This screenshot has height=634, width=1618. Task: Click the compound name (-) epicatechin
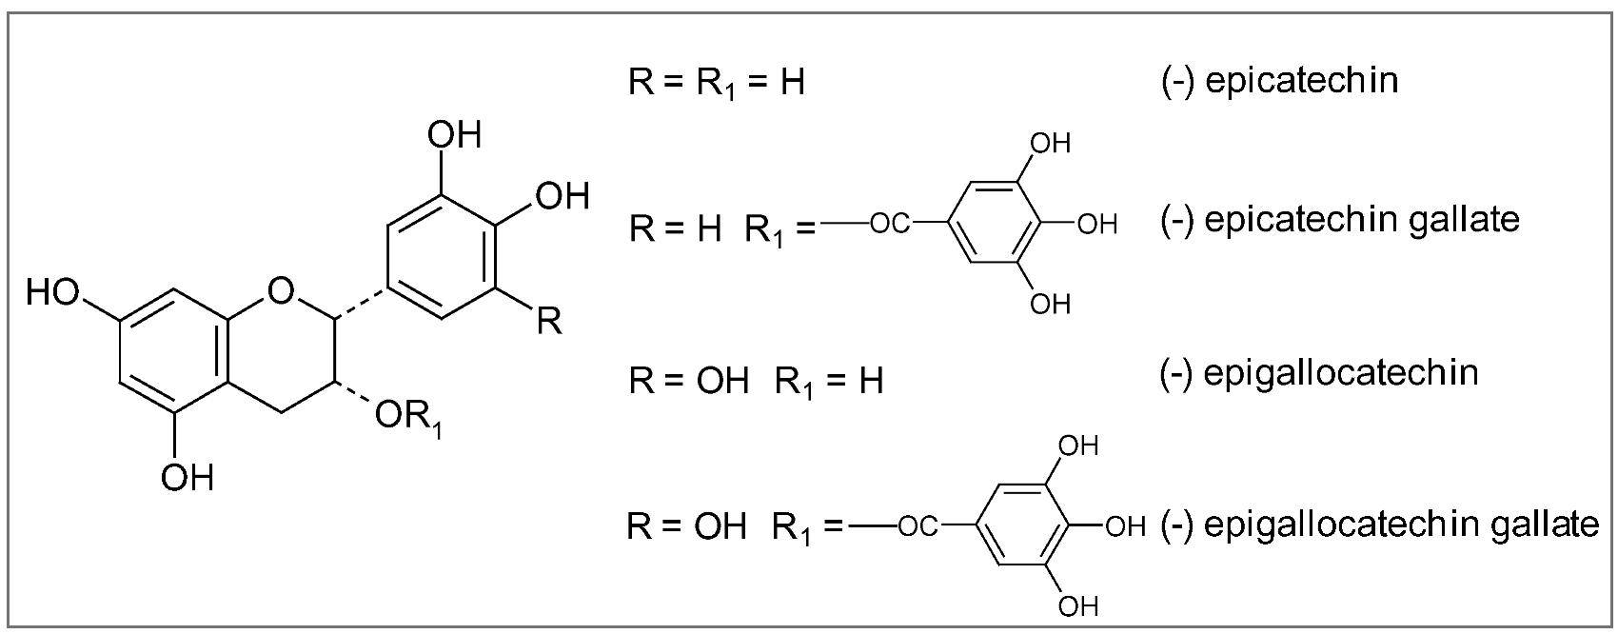[1279, 82]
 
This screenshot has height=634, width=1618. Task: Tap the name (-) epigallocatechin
[1319, 372]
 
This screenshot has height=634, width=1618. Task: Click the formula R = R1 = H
[717, 84]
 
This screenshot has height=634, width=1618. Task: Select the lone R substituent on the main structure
[550, 322]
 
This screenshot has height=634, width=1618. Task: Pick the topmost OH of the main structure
[454, 135]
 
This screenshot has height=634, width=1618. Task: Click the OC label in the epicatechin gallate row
[891, 226]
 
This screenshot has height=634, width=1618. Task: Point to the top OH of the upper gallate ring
[1051, 144]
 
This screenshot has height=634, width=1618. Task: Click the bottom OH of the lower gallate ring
[1078, 605]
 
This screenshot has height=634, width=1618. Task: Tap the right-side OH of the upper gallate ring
[1097, 226]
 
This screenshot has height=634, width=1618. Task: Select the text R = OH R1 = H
[756, 382]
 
